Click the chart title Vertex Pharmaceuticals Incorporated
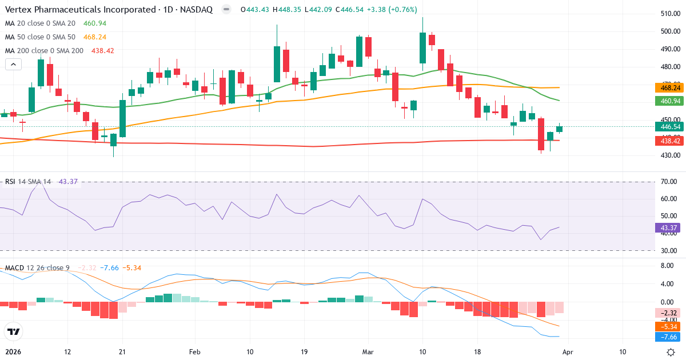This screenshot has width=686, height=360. [x=80, y=10]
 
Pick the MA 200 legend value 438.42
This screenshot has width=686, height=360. [x=102, y=51]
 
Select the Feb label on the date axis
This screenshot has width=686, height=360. [x=195, y=351]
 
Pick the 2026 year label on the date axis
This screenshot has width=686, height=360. [x=13, y=351]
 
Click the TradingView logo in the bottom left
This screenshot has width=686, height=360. [x=13, y=331]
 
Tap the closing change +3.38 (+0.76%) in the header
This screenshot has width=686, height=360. [x=392, y=10]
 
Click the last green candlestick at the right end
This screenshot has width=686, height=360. [x=559, y=129]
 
